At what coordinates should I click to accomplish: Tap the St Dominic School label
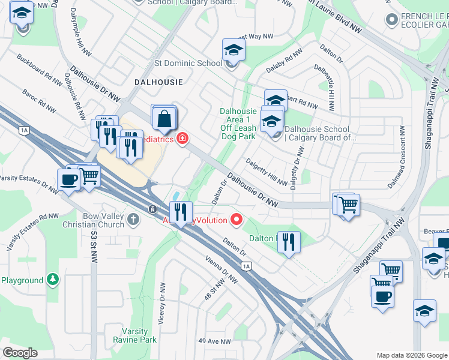(x=188, y=62)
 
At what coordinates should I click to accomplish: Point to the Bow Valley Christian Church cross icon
(x=133, y=220)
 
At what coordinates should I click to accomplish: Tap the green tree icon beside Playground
(x=53, y=280)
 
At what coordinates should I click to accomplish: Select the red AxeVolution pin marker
(x=237, y=220)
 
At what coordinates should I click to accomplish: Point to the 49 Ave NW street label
(x=215, y=341)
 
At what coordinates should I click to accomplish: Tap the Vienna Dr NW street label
(x=221, y=273)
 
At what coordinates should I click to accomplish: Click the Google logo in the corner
(x=20, y=353)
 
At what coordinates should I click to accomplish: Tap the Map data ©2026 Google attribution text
(x=412, y=355)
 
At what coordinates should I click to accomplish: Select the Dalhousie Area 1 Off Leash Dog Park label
(x=238, y=123)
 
